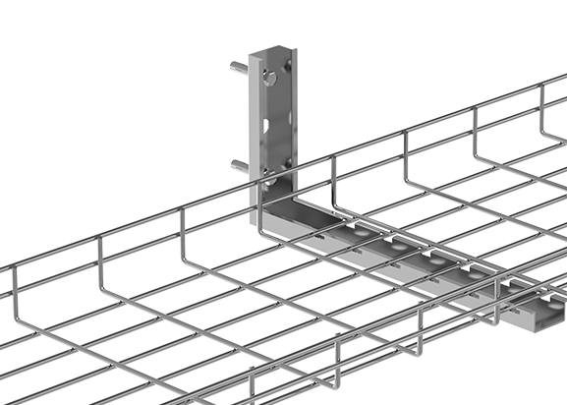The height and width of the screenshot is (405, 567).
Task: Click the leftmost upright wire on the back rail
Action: pyautogui.click(x=101, y=252)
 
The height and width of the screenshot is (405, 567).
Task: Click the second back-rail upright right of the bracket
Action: pyautogui.click(x=406, y=148)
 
